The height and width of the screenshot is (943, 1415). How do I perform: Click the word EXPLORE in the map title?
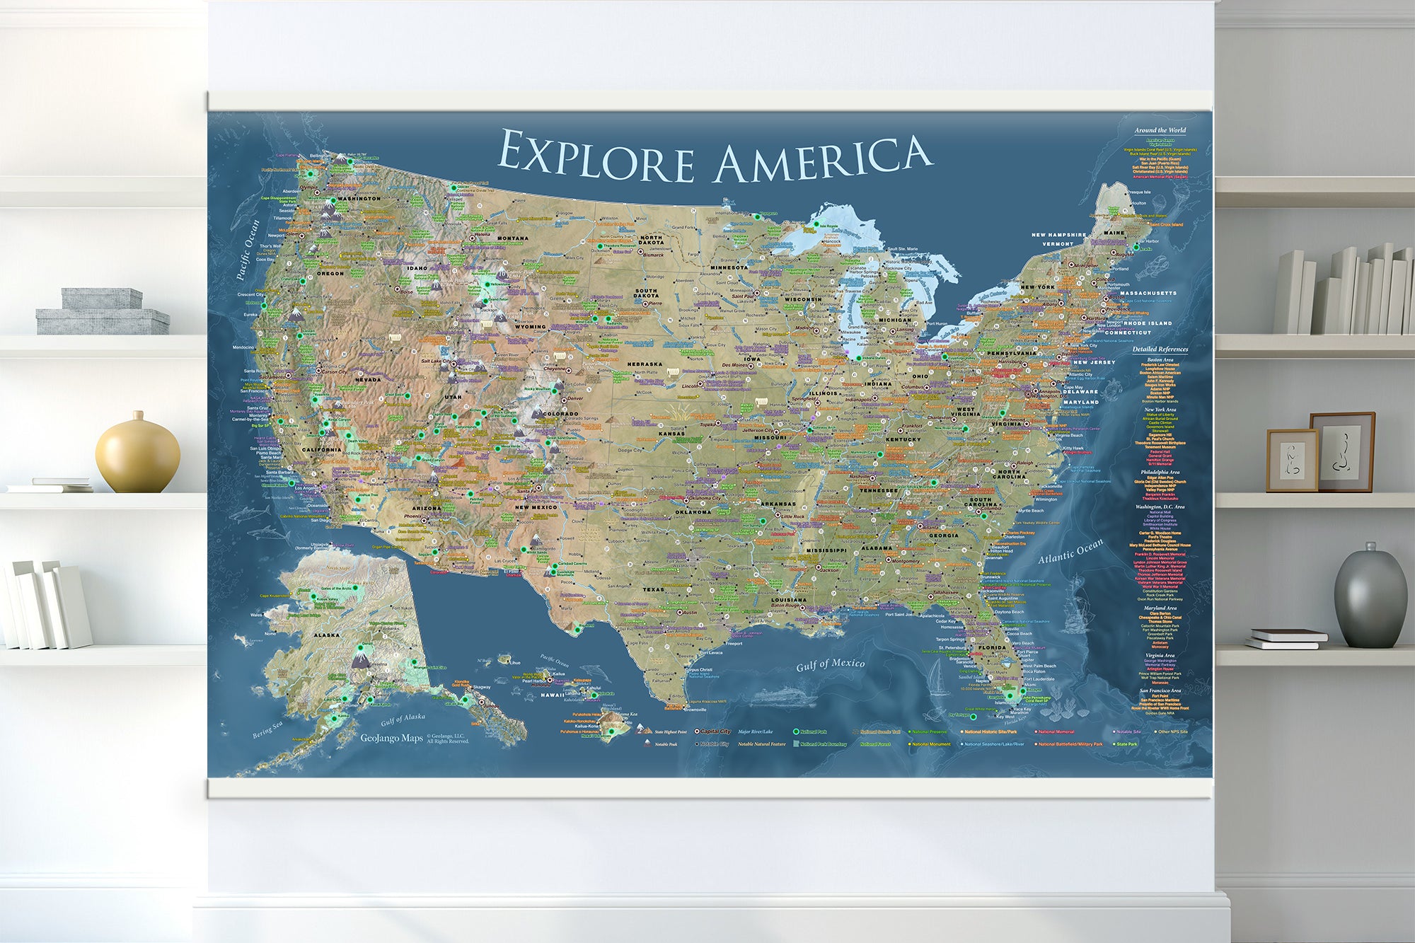[x=596, y=157]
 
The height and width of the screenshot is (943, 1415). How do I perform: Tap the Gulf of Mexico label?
[x=830, y=664]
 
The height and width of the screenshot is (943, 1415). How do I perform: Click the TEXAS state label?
[x=653, y=589]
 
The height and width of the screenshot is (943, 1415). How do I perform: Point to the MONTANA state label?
[x=512, y=238]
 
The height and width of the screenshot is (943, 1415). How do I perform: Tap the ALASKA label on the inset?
[x=326, y=635]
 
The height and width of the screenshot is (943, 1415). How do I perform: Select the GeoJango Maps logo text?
[x=391, y=738]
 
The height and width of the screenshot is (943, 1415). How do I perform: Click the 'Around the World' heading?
[x=1160, y=130]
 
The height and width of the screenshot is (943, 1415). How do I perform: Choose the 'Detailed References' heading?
[x=1160, y=349]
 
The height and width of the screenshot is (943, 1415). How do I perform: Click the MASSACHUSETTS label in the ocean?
[x=1148, y=293]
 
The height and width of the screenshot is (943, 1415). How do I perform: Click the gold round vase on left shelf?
[x=137, y=454]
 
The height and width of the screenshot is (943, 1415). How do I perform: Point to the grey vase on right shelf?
[x=1370, y=598]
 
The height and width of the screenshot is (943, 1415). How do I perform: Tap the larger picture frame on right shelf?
[x=1341, y=451]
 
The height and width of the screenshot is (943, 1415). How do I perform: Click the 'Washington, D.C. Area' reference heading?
[x=1160, y=507]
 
